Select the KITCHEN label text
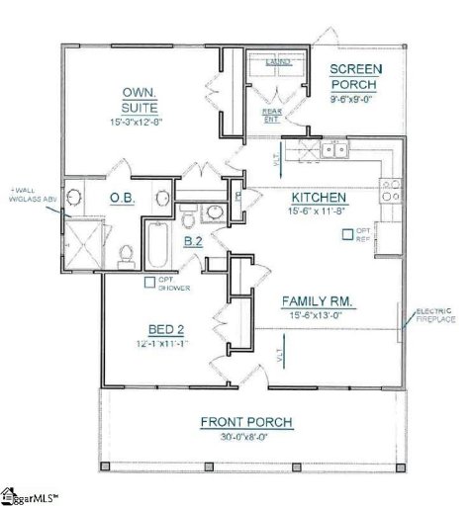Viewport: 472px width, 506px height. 318,197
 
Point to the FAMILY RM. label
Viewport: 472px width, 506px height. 318,299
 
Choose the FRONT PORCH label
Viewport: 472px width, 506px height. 246,422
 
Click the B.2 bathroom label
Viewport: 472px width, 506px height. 194,240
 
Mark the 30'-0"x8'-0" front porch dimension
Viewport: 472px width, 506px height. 246,437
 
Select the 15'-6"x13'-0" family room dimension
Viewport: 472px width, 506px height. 318,314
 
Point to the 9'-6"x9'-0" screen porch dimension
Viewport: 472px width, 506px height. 355,98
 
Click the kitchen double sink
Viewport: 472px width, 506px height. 333,150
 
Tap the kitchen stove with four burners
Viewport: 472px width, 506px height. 390,189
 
